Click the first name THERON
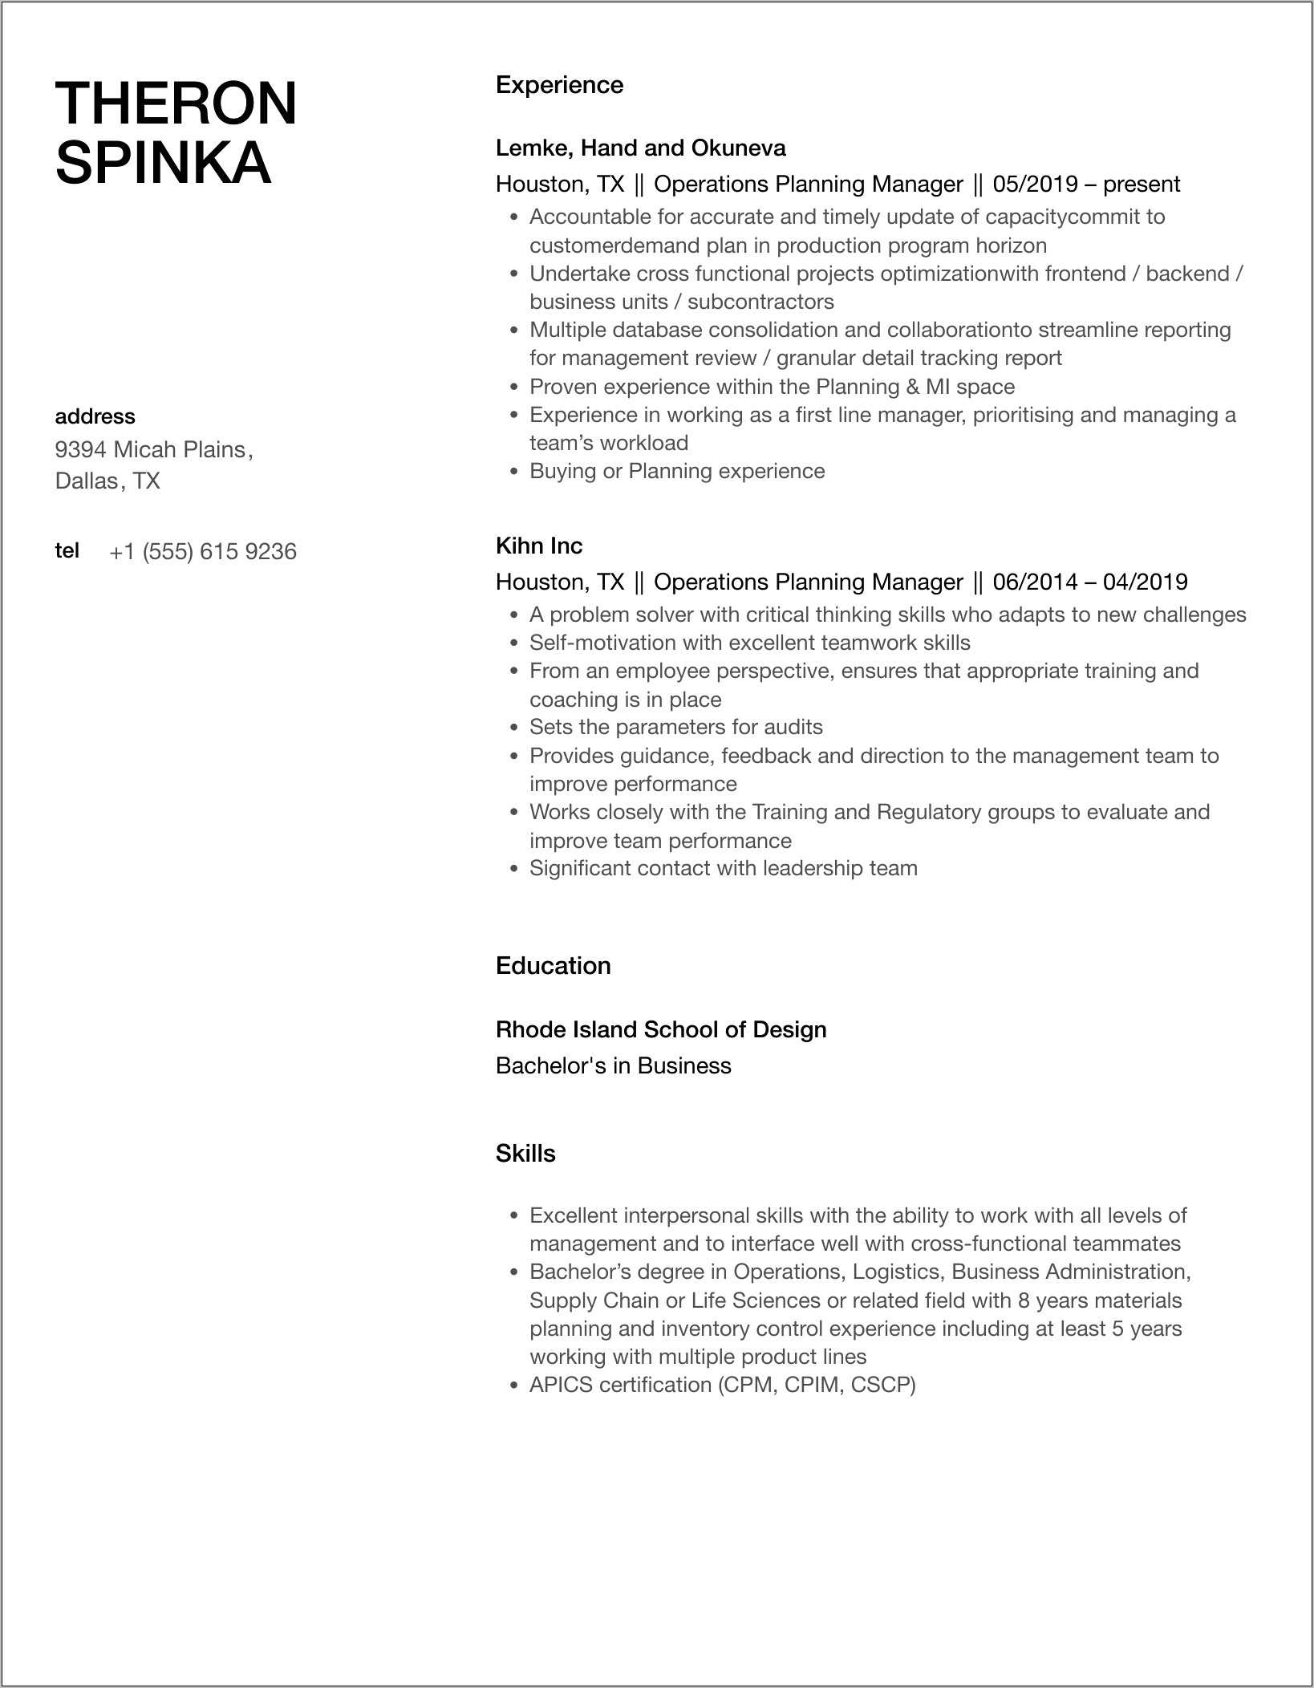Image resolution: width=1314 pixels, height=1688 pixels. (176, 103)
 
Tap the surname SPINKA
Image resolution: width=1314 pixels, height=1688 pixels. (164, 163)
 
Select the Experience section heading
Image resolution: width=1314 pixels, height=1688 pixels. (559, 85)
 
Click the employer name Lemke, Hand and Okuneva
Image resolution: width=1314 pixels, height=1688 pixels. (640, 148)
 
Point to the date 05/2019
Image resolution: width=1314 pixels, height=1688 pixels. (1035, 185)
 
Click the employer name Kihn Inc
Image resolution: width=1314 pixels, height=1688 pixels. (539, 546)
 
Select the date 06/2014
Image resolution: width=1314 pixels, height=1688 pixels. (1035, 582)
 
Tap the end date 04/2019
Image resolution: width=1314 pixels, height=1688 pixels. (1145, 582)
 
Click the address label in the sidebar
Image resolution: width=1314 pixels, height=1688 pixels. (95, 416)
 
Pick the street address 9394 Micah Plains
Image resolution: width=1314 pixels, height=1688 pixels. (150, 449)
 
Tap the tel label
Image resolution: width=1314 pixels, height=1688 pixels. (67, 551)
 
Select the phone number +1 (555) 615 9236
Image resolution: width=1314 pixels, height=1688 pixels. (203, 552)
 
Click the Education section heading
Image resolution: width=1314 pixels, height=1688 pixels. (553, 966)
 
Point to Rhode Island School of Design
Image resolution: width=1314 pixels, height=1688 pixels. (660, 1030)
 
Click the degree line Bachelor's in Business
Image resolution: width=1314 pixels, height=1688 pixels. (613, 1066)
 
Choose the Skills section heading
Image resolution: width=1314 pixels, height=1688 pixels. (525, 1154)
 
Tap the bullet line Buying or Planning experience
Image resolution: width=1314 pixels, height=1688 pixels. (676, 471)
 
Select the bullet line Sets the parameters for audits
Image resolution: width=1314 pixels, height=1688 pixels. (675, 727)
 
